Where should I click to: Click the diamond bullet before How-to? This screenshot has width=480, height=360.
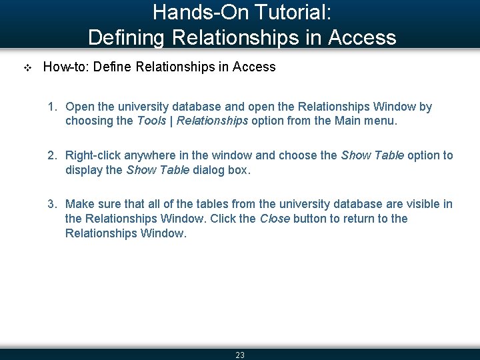[x=27, y=67]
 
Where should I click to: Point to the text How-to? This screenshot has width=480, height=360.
[x=62, y=67]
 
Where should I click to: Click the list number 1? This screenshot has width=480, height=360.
[x=51, y=107]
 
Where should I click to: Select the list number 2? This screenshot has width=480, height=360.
[x=51, y=155]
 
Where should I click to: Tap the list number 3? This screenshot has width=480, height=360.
[x=51, y=204]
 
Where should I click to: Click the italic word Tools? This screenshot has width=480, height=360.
[x=151, y=121]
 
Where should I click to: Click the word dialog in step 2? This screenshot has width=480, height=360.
[x=208, y=170]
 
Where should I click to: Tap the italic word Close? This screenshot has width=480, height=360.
[x=274, y=219]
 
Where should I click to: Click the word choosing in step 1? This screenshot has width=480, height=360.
[x=89, y=121]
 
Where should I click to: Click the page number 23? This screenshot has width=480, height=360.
[x=240, y=355]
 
